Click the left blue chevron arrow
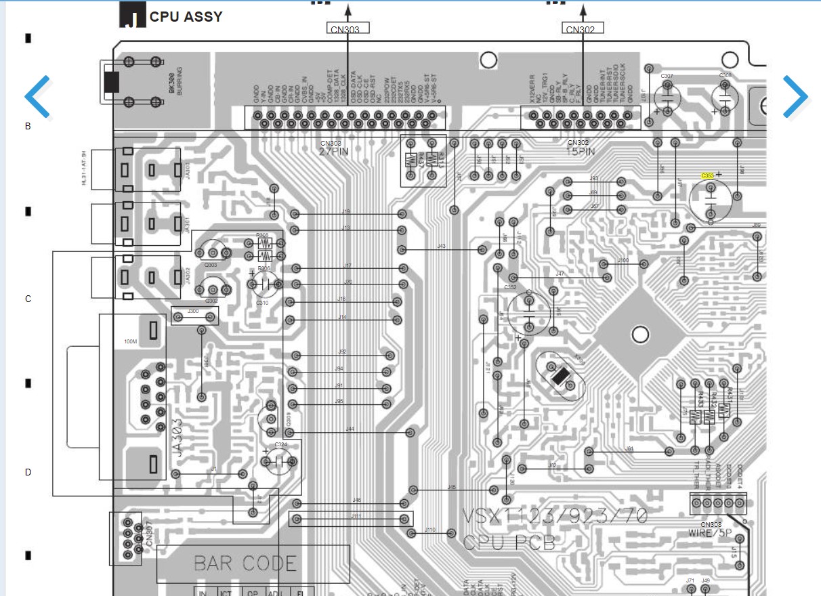pyautogui.click(x=38, y=97)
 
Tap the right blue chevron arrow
pyautogui.click(x=795, y=97)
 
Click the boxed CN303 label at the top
pyautogui.click(x=348, y=29)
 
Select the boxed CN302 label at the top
pyautogui.click(x=582, y=29)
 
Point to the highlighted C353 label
pyautogui.click(x=708, y=175)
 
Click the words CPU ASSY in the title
pyautogui.click(x=186, y=17)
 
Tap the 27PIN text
pyautogui.click(x=334, y=152)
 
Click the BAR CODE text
pyautogui.click(x=245, y=563)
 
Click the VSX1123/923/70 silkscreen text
pyautogui.click(x=554, y=516)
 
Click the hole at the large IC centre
pyautogui.click(x=639, y=334)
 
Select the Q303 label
pyautogui.click(x=211, y=265)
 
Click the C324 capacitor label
pyautogui.click(x=280, y=445)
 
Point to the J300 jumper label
pyautogui.click(x=193, y=311)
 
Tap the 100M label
pyautogui.click(x=131, y=341)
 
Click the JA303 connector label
pyautogui.click(x=183, y=441)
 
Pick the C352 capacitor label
pyautogui.click(x=510, y=287)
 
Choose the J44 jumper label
pyautogui.click(x=350, y=429)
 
